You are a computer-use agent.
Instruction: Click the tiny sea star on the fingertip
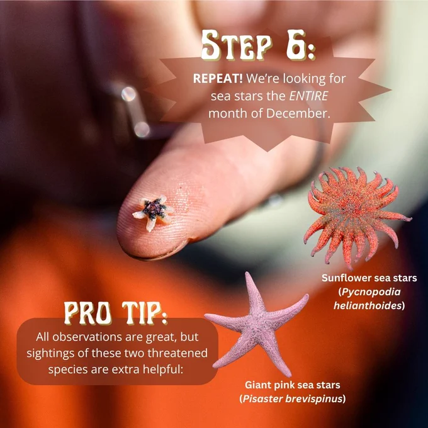(x=154, y=212)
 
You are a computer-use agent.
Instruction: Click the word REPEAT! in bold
(x=218, y=79)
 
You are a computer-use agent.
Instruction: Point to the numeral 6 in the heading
(x=296, y=45)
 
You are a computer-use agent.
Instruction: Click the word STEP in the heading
(x=237, y=45)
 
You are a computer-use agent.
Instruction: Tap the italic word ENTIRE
(x=308, y=96)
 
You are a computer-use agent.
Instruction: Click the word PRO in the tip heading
(x=87, y=313)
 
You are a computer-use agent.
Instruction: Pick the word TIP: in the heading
(x=145, y=313)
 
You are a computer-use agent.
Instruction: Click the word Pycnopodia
(x=371, y=292)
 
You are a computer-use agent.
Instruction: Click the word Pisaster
(x=262, y=399)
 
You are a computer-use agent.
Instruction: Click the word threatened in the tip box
(x=177, y=353)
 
